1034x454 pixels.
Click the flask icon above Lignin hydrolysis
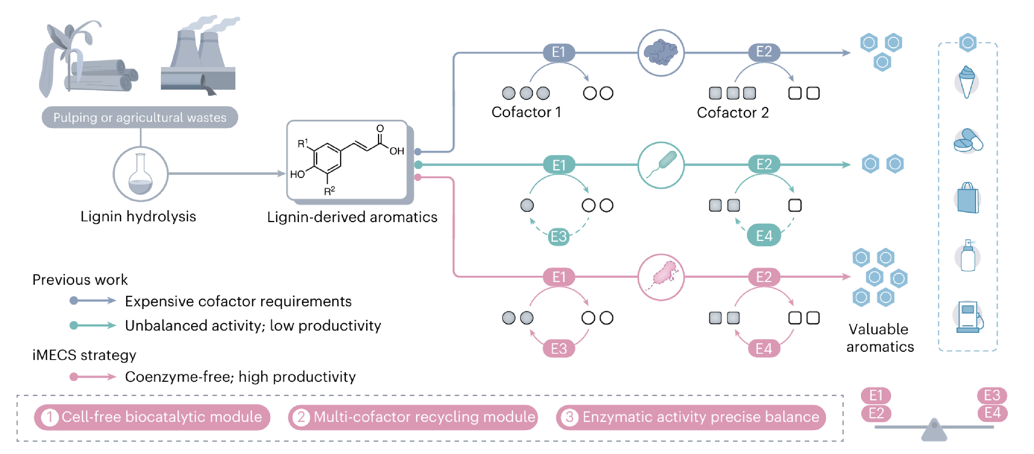click(x=140, y=174)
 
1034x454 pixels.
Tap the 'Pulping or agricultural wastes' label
click(x=140, y=117)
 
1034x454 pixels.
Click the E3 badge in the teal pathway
click(x=559, y=237)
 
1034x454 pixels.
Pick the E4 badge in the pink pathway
click(x=763, y=348)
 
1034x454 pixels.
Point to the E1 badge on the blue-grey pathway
click(x=559, y=52)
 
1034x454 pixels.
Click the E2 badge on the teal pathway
click(x=763, y=164)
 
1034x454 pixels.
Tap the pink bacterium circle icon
click(x=661, y=277)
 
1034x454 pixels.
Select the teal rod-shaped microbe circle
click(x=661, y=165)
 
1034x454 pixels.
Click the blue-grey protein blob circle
click(x=661, y=52)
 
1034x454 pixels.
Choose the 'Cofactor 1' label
click(x=526, y=112)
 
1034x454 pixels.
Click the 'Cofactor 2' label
click(x=732, y=112)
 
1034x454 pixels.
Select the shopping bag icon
click(x=967, y=198)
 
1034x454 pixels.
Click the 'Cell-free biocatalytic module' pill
click(x=152, y=417)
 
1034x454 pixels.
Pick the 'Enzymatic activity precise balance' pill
click(x=691, y=417)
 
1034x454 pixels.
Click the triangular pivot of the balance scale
click(x=934, y=431)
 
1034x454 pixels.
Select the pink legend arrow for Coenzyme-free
click(x=92, y=376)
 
